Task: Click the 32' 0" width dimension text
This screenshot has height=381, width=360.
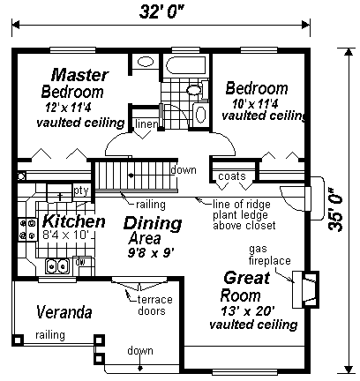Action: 161,11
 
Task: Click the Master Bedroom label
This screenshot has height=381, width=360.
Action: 77,83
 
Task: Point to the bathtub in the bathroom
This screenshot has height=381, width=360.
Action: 186,65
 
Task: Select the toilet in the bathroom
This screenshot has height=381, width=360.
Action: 197,88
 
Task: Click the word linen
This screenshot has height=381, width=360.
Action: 146,124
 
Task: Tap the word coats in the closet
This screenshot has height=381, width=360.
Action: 232,176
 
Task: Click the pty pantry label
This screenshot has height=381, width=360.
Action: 81,190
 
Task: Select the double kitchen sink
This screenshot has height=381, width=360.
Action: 57,266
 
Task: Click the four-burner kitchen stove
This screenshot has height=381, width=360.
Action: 27,229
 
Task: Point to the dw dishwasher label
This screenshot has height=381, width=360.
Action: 80,261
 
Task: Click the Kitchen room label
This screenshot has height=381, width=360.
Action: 73,221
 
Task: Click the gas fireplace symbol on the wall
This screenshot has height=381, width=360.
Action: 306,289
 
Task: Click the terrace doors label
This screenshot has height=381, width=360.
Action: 154,305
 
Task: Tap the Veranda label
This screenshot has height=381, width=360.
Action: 64,312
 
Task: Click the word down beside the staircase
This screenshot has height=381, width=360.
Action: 184,170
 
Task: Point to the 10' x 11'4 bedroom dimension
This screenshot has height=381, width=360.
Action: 255,104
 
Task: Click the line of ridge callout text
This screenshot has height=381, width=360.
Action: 242,204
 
